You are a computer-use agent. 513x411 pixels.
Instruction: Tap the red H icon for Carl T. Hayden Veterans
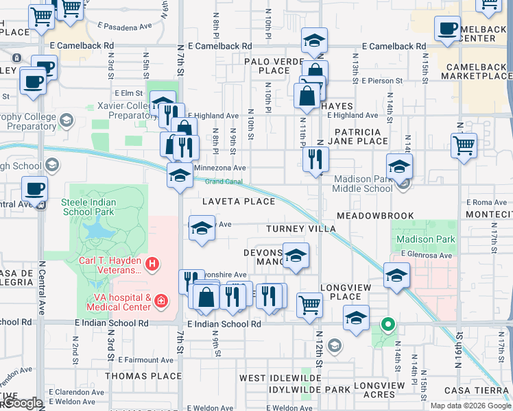coord(153,263)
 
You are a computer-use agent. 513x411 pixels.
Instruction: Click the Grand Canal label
coord(224,182)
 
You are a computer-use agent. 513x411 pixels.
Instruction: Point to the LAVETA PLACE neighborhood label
coord(239,201)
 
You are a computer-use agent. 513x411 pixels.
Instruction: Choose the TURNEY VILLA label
coord(295,228)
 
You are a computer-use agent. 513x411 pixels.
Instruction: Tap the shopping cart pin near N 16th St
coord(464,145)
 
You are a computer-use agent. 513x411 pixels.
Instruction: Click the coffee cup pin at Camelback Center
coord(447,29)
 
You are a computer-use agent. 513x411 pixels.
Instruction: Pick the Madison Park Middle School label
coord(363,184)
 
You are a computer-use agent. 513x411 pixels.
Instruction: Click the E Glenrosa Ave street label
coord(427,256)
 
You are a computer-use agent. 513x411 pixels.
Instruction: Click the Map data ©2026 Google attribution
coord(470,405)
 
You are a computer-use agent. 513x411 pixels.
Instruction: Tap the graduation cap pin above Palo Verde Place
coord(314,40)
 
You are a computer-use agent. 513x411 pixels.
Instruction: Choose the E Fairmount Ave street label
coord(146,359)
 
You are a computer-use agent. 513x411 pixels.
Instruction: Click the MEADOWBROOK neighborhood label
coord(375,216)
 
